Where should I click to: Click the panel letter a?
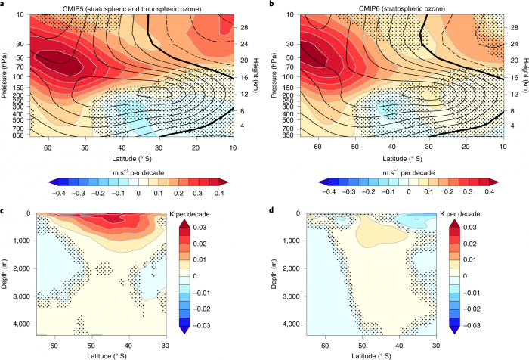coord(4,5)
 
